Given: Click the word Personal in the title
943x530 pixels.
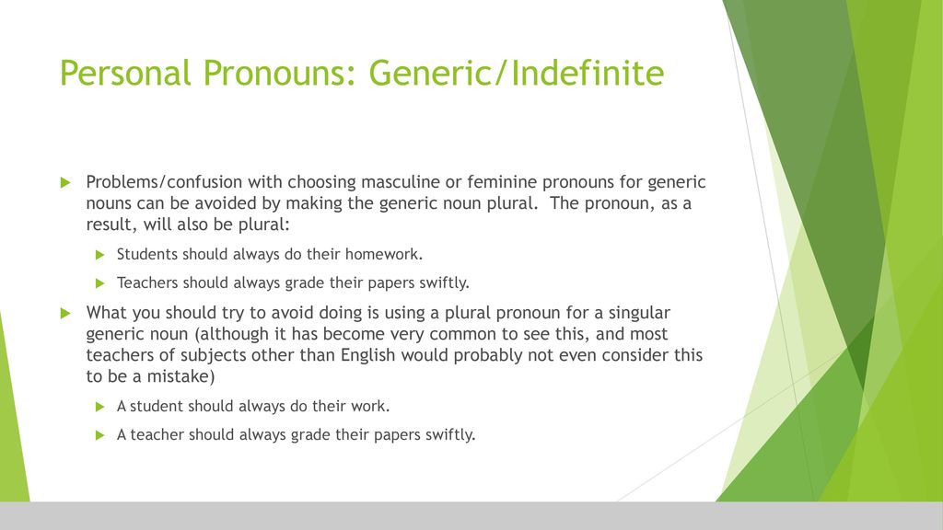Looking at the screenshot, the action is point(125,73).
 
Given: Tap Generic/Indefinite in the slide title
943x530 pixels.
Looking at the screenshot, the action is point(516,73).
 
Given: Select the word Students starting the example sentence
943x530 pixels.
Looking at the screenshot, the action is point(147,254).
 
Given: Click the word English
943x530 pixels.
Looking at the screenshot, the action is point(368,355).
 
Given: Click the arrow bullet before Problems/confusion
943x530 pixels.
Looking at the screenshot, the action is point(65,183).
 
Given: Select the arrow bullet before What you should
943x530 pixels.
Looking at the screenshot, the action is point(65,313).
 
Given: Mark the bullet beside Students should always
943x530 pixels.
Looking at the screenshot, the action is point(99,255).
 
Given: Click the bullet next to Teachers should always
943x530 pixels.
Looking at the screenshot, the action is point(99,283).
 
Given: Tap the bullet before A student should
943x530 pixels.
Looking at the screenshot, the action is point(99,407).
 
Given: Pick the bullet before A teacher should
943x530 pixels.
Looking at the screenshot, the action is point(99,435).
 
